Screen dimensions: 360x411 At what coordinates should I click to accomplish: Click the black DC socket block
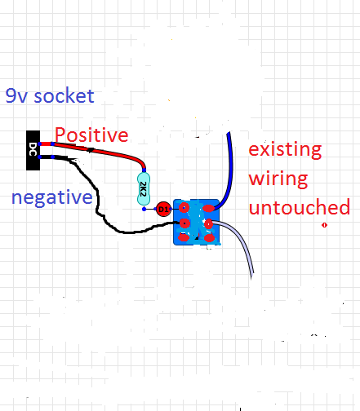click(33, 150)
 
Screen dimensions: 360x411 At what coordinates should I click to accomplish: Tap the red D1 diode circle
click(163, 210)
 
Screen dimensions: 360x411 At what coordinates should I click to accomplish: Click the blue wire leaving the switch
click(230, 174)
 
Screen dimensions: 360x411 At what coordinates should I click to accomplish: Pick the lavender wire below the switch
click(239, 239)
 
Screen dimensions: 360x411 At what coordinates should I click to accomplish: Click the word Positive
click(91, 135)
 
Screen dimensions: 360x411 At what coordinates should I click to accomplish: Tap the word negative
click(52, 197)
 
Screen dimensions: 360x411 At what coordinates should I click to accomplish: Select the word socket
click(64, 95)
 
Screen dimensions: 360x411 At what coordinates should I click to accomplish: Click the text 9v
click(16, 95)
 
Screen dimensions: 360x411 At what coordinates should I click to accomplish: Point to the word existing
click(285, 149)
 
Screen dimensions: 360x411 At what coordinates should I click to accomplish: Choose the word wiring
click(278, 179)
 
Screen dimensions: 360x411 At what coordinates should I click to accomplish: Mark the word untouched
click(300, 207)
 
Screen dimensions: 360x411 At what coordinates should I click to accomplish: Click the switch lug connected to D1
click(184, 208)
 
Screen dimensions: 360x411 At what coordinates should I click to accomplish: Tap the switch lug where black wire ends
click(184, 223)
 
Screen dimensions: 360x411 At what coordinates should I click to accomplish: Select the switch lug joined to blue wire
click(209, 209)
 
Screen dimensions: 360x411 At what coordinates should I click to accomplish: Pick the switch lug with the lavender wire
click(208, 224)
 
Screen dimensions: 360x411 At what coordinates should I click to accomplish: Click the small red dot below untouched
click(324, 225)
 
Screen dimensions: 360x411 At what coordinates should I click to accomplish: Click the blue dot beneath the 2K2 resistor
click(144, 209)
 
